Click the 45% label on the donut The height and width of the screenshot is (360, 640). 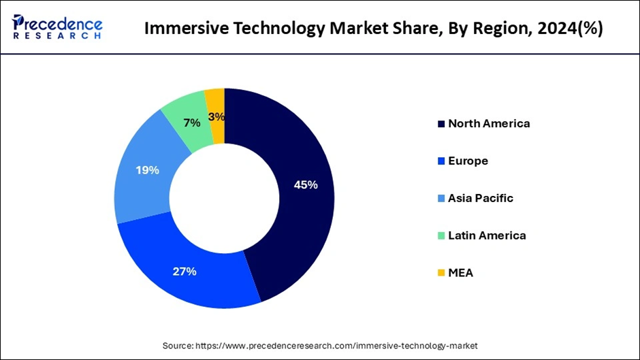coord(305,184)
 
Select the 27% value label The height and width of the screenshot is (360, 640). coord(185,272)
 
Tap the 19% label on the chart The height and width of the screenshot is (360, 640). coord(147,170)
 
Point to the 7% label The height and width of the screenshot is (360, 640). coord(191,123)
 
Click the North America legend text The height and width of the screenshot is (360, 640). coord(489,124)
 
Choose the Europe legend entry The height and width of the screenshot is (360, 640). coord(468,161)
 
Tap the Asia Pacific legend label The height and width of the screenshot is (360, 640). coord(481,198)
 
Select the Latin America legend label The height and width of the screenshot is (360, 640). coord(487,235)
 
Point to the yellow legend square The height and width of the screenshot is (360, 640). coord(441,273)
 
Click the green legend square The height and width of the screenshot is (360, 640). coord(441,235)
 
